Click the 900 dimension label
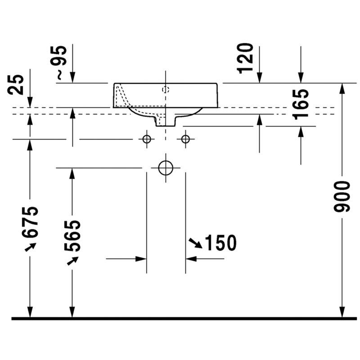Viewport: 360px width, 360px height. (342, 196)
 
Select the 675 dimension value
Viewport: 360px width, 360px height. (30, 222)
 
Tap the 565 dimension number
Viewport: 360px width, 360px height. (72, 236)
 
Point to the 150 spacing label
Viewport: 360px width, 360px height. (220, 243)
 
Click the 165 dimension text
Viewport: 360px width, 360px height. (301, 104)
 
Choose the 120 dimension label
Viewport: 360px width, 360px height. (245, 58)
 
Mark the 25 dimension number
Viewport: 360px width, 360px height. (16, 84)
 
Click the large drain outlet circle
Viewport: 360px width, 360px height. (166, 168)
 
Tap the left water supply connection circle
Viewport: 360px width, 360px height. (147, 139)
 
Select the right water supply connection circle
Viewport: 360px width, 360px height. (185, 139)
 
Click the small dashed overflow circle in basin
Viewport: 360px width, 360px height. (166, 90)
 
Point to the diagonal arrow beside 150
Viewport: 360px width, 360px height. (195, 243)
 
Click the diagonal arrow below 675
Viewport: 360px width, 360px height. (30, 247)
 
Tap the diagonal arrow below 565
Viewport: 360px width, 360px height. (72, 261)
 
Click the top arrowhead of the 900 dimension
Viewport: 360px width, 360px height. (342, 88)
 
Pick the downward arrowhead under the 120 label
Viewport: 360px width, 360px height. (260, 77)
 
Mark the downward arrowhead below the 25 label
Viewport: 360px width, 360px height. (30, 102)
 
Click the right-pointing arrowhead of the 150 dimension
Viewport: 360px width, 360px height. (141, 259)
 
